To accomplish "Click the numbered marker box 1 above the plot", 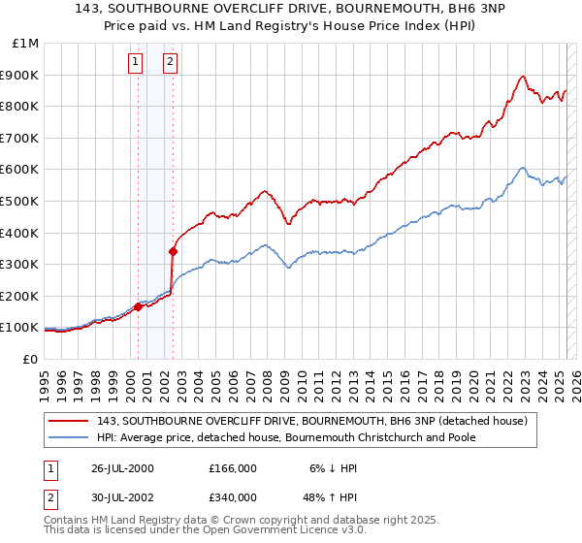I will coord(135,63).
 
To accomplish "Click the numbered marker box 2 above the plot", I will coord(170,63).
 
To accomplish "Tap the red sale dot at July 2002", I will coord(173,251).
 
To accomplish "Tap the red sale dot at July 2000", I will coord(138,306).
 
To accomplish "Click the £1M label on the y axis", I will coord(26,44).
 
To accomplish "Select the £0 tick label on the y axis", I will coord(30,359).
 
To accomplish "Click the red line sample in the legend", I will coord(69,422).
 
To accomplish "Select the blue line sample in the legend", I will coord(69,437).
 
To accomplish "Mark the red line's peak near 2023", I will coord(523,77).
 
